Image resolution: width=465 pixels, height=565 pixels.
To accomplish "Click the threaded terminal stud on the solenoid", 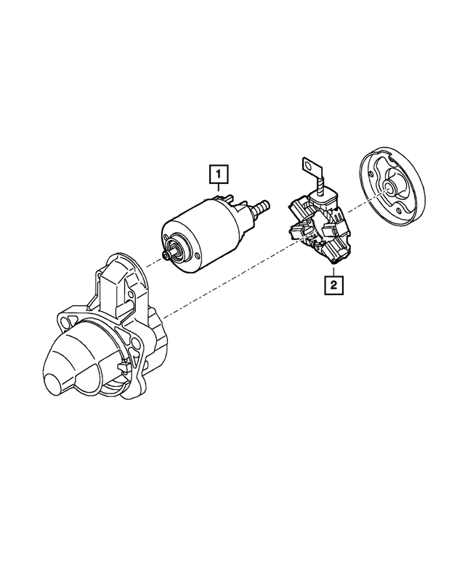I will (x=259, y=208).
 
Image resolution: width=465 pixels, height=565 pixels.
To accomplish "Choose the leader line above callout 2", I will (x=332, y=269).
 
